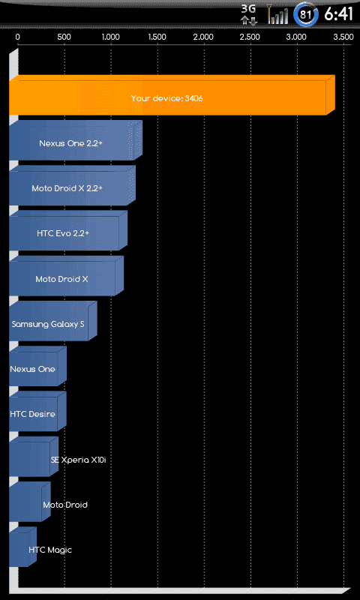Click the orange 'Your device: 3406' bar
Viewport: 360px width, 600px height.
point(172,95)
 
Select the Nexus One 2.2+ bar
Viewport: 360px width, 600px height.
point(76,140)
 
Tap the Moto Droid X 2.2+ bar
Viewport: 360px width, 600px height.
point(72,185)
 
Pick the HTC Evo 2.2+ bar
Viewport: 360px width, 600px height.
point(68,231)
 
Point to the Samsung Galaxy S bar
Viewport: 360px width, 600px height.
point(53,321)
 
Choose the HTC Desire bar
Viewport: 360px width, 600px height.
point(37,411)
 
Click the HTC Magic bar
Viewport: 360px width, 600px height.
point(23,547)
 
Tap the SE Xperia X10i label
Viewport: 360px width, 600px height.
point(78,460)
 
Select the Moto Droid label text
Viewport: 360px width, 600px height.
point(65,505)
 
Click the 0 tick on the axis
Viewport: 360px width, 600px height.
point(17,37)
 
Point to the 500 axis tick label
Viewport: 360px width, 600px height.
point(64,37)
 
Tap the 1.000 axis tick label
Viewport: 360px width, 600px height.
point(111,37)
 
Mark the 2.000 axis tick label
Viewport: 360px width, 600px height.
point(203,37)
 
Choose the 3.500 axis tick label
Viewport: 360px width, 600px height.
point(343,37)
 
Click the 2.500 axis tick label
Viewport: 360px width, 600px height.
point(250,37)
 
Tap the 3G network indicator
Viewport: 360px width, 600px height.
point(249,14)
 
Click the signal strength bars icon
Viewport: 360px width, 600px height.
point(277,14)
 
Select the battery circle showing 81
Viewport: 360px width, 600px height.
point(306,14)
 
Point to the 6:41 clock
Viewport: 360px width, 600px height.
point(338,14)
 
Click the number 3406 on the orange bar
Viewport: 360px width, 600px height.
point(193,98)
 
